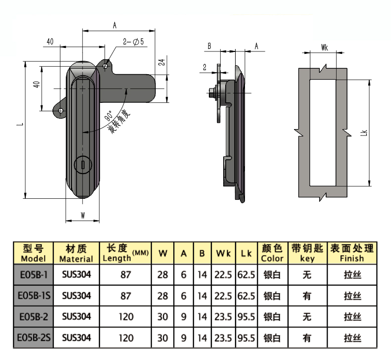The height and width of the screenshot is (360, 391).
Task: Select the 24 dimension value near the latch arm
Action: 161,63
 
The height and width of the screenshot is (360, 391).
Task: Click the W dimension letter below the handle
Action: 83,215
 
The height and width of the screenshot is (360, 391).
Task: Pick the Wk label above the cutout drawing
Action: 325,47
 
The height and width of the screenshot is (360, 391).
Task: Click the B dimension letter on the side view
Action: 209,46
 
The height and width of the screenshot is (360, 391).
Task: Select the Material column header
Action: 76,253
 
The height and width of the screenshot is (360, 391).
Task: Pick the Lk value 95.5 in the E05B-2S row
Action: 245,338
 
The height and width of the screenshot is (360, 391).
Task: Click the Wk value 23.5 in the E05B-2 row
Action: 224,317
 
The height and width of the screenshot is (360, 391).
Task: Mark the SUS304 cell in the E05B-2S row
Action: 77,338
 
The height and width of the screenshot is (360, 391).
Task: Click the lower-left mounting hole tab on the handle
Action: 61,110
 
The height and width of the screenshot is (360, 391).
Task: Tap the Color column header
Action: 273,253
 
